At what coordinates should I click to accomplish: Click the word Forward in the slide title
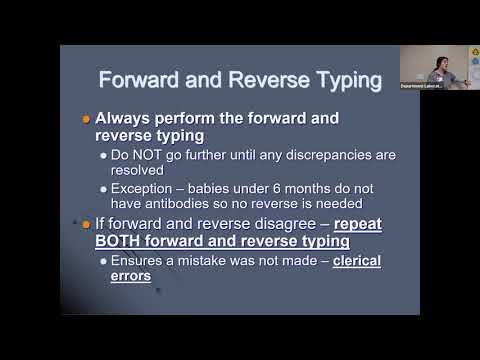[x=149, y=79]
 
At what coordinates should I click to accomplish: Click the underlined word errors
[x=131, y=276]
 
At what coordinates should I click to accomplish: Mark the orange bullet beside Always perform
[x=85, y=119]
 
